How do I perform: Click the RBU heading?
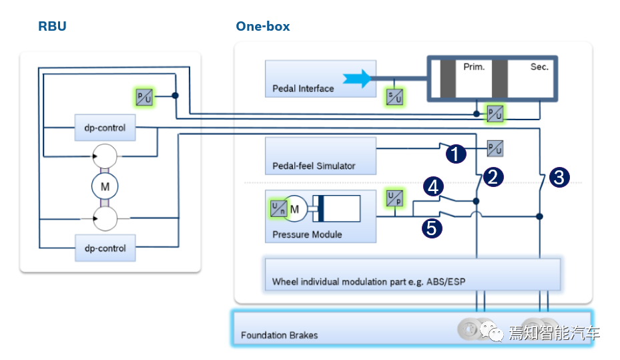(52, 27)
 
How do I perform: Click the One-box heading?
(262, 27)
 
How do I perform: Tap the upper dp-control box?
(105, 127)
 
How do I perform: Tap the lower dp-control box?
(105, 248)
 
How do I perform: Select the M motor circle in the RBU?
(105, 187)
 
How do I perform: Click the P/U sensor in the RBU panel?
(144, 97)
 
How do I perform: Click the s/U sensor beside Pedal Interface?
(395, 97)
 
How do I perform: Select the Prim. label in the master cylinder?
(474, 67)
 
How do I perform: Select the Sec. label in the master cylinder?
(539, 67)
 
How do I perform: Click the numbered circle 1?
(455, 155)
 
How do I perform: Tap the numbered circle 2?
(493, 177)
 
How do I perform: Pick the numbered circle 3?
(559, 178)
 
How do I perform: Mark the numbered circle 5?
(432, 228)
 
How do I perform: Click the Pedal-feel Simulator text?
(314, 166)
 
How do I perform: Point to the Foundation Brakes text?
(279, 335)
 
